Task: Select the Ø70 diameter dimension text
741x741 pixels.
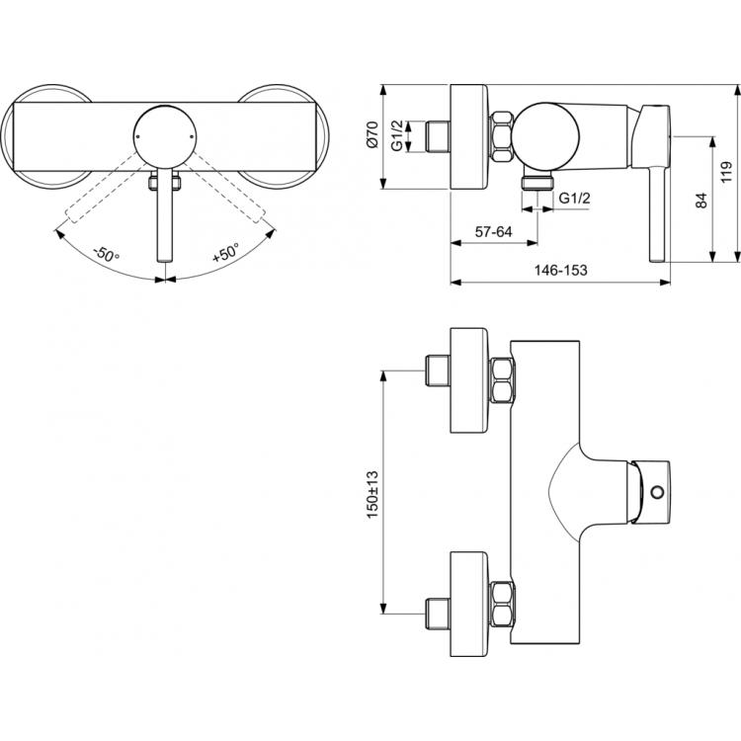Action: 372,135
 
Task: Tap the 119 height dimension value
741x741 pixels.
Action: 725,174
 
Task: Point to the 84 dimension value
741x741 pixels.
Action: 700,201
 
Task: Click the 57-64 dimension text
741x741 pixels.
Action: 493,231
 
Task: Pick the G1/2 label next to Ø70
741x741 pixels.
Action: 396,135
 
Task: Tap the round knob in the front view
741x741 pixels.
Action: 163,134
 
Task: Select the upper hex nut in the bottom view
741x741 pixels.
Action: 502,381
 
